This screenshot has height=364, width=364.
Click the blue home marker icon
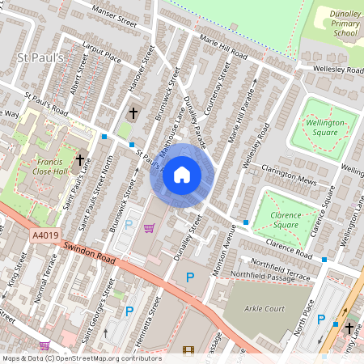pyautogui.click(x=182, y=175)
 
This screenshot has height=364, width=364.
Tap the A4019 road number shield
pyautogui.click(x=45, y=235)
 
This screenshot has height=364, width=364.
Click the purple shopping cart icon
pyautogui.click(x=148, y=229)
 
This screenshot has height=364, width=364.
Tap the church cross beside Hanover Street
pyautogui.click(x=133, y=114)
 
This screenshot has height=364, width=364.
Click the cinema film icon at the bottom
pyautogui.click(x=188, y=350)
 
